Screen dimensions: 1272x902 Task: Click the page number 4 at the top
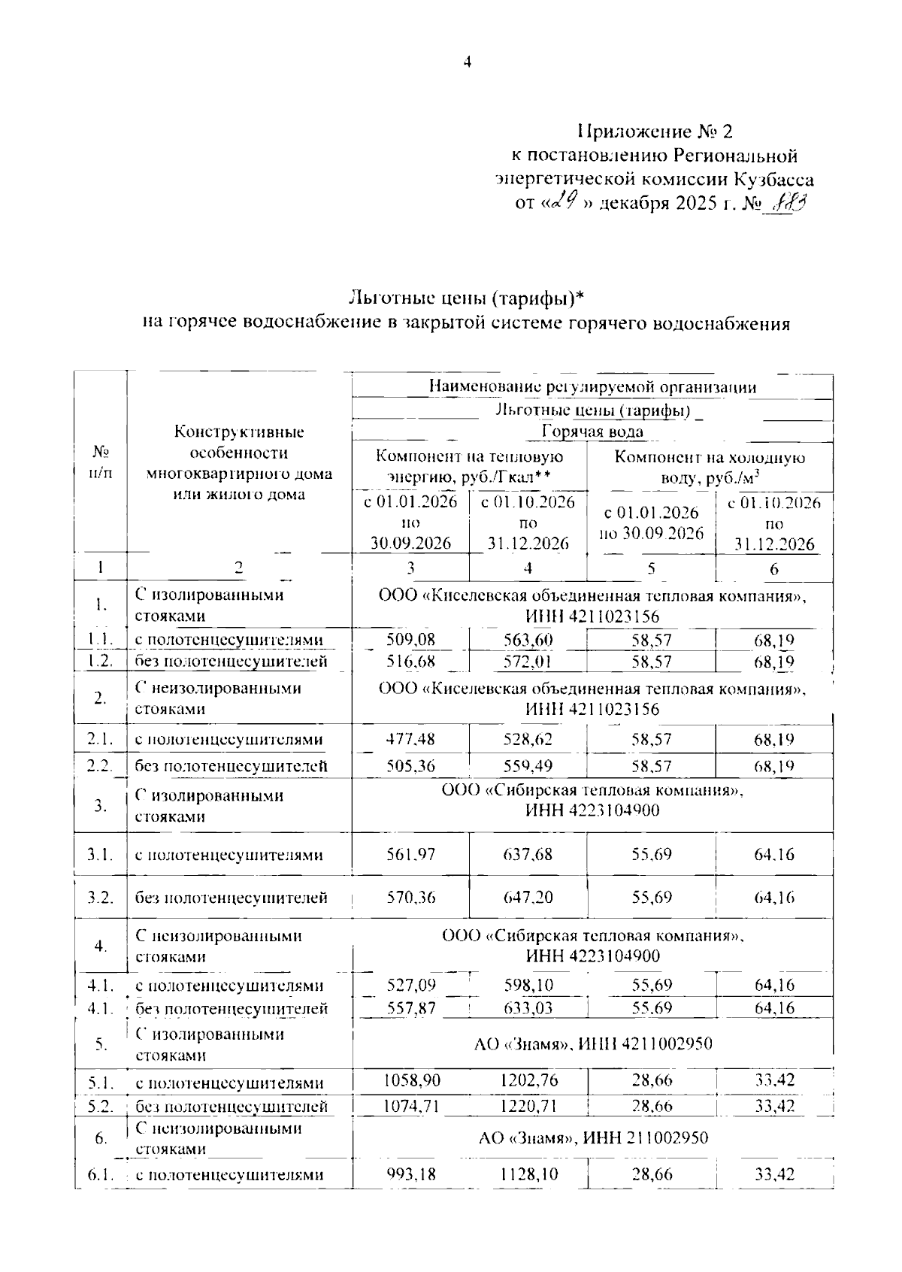[467, 63]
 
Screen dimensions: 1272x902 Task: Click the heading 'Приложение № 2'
[655, 132]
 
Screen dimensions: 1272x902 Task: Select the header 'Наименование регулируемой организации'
[592, 387]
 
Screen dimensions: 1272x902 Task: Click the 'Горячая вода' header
[592, 432]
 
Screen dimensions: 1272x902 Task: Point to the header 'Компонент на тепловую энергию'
[469, 466]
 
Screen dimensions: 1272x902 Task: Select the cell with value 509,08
[410, 640]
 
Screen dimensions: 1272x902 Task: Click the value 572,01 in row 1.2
[528, 662]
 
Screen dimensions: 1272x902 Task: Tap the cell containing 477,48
[410, 739]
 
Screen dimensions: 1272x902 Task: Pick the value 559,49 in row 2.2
[528, 766]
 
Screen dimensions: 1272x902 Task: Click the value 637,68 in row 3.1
[528, 855]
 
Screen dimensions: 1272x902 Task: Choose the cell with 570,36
[410, 898]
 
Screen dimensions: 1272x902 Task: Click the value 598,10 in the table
[528, 985]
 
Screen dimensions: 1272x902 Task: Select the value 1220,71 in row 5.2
[528, 1106]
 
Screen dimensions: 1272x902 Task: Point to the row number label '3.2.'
[100, 898]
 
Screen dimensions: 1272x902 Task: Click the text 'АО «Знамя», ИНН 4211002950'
[593, 1043]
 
